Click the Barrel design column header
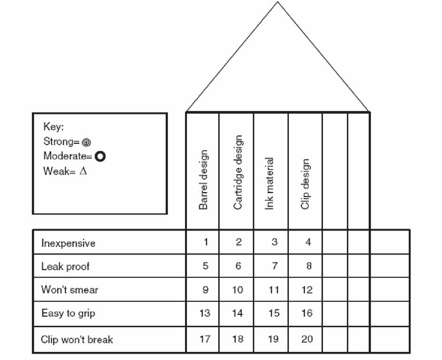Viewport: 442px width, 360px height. (203, 180)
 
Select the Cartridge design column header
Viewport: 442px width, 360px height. (238, 172)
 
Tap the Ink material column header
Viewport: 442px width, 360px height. (270, 183)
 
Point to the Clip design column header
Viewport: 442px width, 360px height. (305, 184)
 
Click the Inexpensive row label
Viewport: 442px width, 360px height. (68, 243)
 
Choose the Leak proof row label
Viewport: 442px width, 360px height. (65, 266)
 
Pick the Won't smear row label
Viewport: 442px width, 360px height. (70, 290)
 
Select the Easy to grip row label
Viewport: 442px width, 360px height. (68, 313)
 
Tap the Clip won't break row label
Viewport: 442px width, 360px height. (77, 339)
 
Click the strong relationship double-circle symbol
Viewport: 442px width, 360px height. (86, 142)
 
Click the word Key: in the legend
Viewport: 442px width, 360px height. (54, 127)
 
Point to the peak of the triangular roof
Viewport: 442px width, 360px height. (278, 2)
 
